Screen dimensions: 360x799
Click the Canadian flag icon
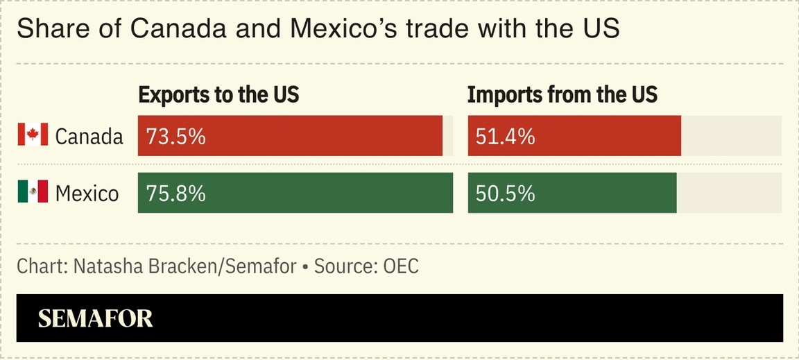33,135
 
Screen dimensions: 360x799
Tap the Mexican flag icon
33,191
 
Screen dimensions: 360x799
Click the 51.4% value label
506,137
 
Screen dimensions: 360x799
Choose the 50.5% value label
506,193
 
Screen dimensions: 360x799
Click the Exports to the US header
218,95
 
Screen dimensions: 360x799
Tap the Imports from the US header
562,95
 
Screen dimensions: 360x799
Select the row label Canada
89,137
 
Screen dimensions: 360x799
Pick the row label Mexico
87,193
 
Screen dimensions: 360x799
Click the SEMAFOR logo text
95,318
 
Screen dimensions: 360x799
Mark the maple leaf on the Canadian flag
33,135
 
